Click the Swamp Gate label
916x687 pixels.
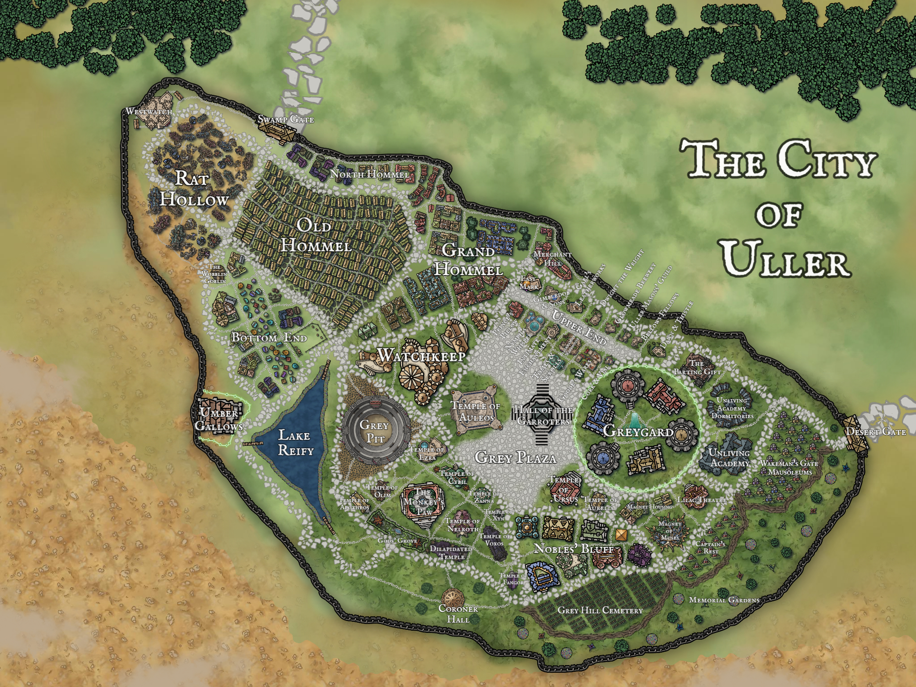point(286,119)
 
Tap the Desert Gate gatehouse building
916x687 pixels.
point(855,433)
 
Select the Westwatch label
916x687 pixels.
point(148,111)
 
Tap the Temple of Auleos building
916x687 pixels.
point(475,411)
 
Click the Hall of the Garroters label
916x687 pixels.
point(543,416)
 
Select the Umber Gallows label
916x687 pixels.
point(219,420)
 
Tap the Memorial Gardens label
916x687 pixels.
point(724,600)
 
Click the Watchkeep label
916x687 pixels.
point(421,356)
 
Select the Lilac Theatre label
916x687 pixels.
point(702,500)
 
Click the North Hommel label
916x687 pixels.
point(369,174)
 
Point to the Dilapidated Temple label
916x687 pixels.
point(451,552)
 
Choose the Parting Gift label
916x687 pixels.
point(697,368)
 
